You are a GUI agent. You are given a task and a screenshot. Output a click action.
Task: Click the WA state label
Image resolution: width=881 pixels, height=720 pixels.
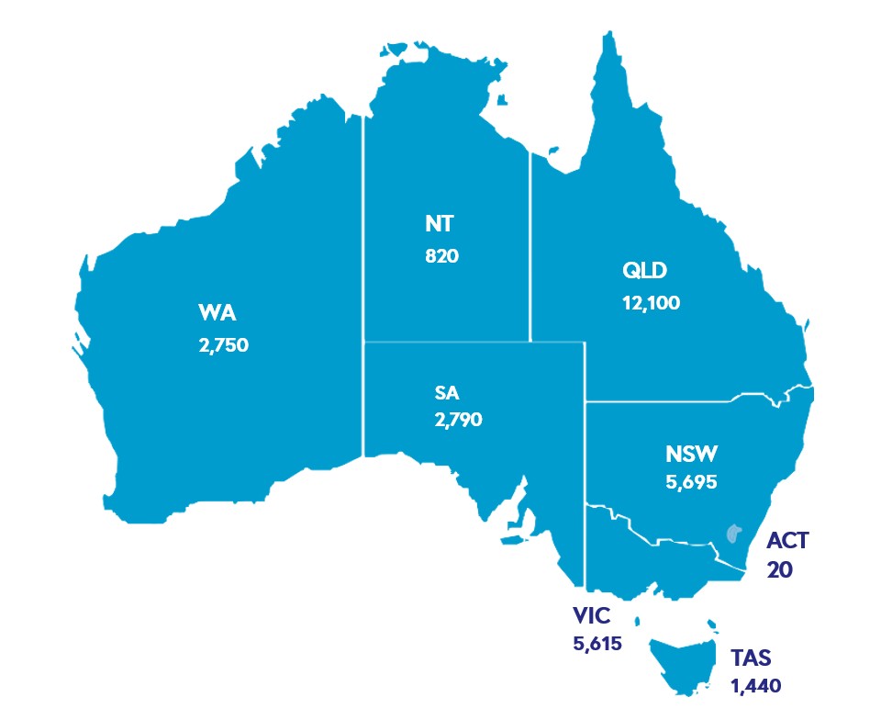point(217,313)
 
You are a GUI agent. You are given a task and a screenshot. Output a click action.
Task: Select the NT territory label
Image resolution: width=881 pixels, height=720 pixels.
point(441,223)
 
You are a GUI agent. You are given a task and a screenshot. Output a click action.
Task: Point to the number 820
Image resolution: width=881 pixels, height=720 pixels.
point(441,255)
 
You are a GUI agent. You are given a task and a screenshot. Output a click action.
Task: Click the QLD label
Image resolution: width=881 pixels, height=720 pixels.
point(644,271)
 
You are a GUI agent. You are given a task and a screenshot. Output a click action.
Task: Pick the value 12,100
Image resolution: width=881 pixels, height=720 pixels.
point(650,302)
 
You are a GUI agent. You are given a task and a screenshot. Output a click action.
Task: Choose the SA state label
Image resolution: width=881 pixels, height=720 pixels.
point(447,393)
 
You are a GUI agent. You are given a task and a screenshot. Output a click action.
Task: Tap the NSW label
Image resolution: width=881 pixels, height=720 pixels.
point(692,454)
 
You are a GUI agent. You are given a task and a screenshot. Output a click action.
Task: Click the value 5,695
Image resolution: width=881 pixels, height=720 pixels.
point(691,480)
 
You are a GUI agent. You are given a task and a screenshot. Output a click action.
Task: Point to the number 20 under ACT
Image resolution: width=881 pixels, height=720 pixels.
point(779,569)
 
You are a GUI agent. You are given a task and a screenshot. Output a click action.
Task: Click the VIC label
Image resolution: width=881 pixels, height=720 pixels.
point(591,614)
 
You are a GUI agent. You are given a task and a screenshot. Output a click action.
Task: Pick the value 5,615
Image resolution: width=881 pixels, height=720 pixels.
point(597,643)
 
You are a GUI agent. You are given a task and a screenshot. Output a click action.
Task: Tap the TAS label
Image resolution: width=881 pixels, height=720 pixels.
point(753,658)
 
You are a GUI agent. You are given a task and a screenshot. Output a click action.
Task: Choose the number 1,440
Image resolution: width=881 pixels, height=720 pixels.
point(756,684)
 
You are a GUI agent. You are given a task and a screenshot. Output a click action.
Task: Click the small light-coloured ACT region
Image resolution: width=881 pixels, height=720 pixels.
point(733,533)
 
